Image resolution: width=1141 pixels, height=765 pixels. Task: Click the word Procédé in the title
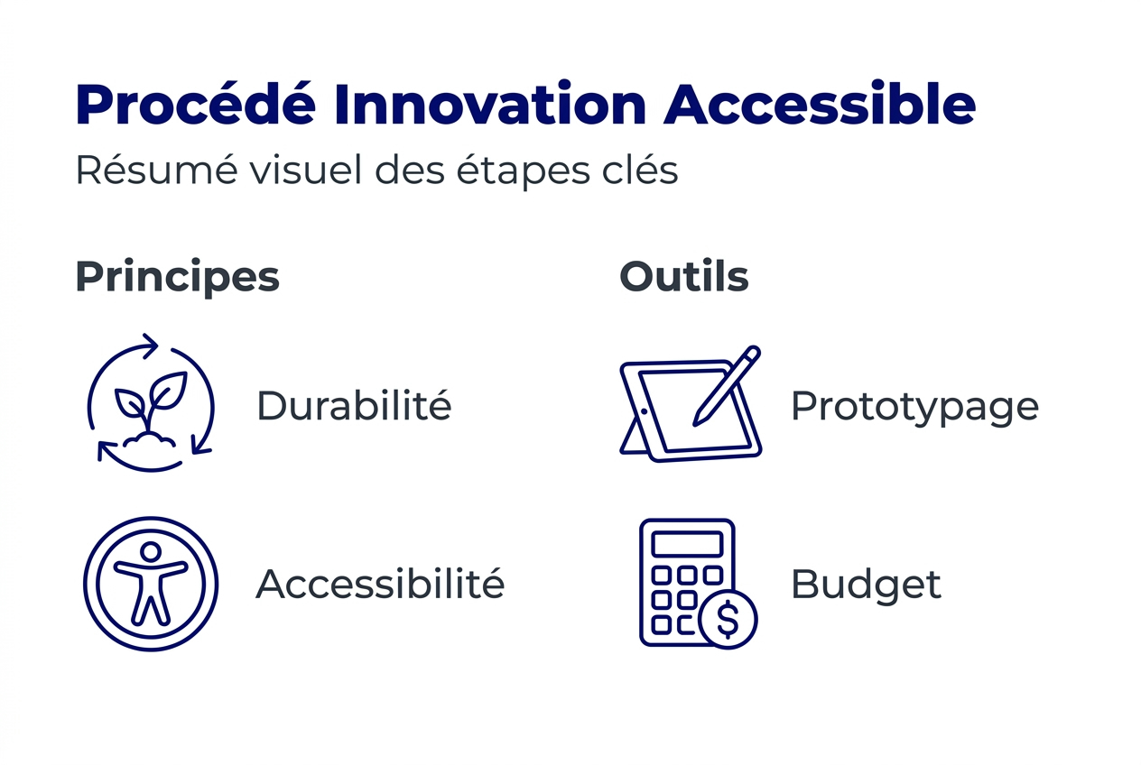(195, 106)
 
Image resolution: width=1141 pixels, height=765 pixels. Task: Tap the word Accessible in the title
(820, 106)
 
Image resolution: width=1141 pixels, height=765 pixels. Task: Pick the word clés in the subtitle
(640, 171)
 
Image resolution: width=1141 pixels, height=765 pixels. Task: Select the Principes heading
(177, 277)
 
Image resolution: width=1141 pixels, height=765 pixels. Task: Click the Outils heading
(684, 276)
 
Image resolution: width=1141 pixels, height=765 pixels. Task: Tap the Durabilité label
(354, 406)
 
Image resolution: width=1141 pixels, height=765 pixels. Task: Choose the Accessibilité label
(380, 585)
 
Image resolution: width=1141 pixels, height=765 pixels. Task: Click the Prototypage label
(914, 408)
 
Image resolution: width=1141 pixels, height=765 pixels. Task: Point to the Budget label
(866, 585)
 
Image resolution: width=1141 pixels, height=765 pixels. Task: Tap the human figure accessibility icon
(151, 585)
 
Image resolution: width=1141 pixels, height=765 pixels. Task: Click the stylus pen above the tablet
(727, 386)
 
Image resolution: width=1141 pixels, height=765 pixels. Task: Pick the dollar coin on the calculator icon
(728, 619)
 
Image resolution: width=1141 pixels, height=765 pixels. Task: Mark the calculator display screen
(687, 545)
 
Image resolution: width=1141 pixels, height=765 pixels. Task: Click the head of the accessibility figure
(151, 551)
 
